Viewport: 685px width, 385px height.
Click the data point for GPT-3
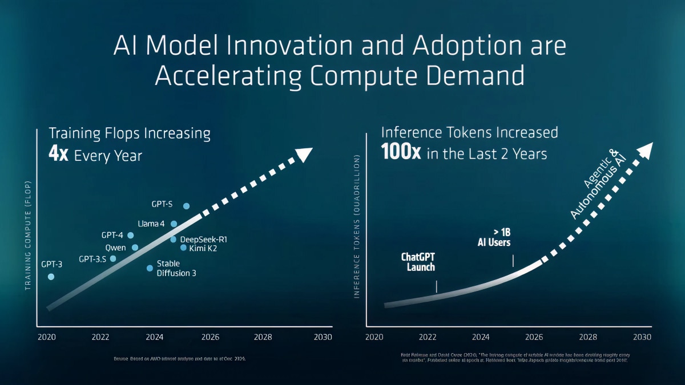click(x=51, y=277)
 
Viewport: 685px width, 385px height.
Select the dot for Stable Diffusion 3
click(x=150, y=268)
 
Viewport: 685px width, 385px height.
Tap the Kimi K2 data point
click(x=183, y=248)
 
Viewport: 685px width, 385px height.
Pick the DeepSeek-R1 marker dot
click(x=173, y=239)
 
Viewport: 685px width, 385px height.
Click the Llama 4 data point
click(x=174, y=224)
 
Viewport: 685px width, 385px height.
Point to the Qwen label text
click(x=115, y=248)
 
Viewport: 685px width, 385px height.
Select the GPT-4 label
click(x=112, y=235)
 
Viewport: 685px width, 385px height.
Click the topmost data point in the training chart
click(x=186, y=206)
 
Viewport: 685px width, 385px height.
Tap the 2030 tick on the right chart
click(x=642, y=337)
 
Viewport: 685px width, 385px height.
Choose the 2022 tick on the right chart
click(x=428, y=337)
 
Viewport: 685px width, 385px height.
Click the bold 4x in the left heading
click(x=59, y=155)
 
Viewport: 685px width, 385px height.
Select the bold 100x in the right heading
click(x=401, y=153)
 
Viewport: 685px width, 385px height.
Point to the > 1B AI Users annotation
click(x=494, y=237)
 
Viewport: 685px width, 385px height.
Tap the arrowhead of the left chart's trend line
click(x=305, y=154)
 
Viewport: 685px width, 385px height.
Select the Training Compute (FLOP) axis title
click(x=28, y=236)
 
